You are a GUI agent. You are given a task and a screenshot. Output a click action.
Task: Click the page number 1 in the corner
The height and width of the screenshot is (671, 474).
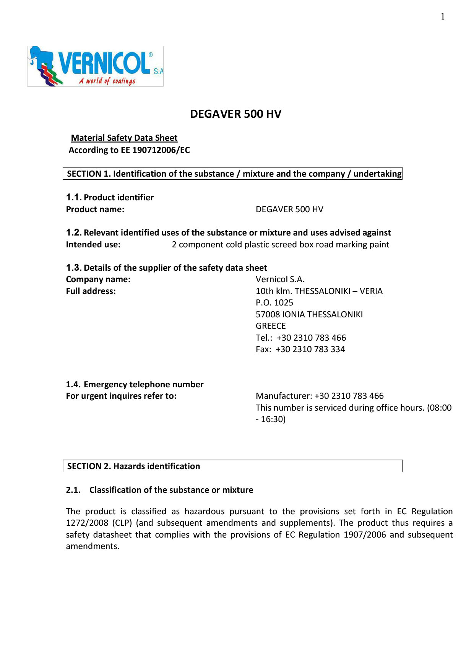tap(443, 16)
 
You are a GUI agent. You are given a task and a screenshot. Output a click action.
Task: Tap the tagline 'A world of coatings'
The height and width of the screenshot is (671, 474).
tap(107, 81)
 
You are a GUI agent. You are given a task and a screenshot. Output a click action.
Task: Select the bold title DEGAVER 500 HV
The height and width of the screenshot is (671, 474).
tap(235, 114)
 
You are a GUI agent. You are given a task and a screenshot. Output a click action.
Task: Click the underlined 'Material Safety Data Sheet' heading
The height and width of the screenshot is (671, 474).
tap(124, 138)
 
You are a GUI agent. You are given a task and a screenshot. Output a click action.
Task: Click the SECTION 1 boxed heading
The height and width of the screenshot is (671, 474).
tap(232, 174)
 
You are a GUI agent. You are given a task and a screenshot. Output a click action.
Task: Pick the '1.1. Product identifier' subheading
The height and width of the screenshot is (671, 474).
tap(110, 197)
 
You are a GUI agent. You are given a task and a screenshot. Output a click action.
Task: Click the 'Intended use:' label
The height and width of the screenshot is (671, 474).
tap(93, 244)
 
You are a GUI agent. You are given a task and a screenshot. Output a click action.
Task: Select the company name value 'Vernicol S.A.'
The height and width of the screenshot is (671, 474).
tap(280, 279)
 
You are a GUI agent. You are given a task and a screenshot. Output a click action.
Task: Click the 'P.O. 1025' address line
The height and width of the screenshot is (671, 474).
tap(274, 302)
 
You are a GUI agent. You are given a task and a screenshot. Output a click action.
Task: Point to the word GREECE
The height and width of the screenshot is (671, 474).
tap(271, 326)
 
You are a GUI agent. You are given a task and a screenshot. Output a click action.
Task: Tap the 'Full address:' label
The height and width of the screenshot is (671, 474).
tap(91, 291)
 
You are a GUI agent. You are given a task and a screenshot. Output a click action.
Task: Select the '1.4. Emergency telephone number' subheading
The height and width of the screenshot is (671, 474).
tap(135, 384)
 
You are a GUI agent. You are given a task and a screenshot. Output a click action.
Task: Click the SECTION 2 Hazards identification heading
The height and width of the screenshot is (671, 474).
tap(134, 466)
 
